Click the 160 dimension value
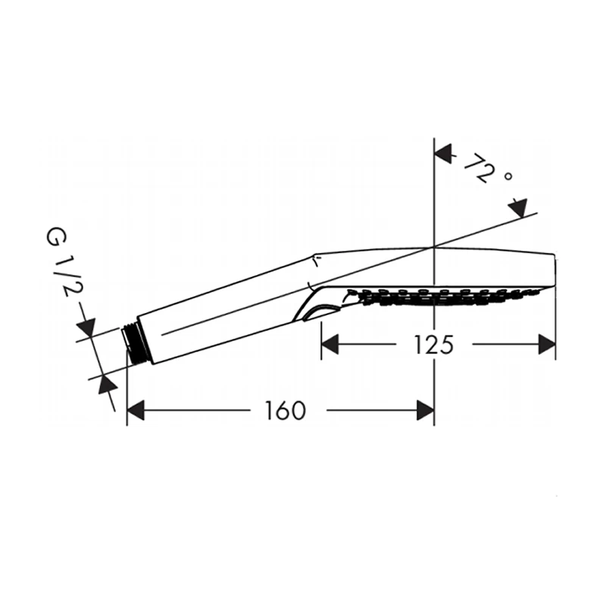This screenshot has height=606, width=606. pos(285,411)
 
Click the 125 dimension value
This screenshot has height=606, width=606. pos(433,345)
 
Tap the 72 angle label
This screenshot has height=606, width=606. pos(479,167)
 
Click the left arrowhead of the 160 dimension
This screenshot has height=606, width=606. pos(136,410)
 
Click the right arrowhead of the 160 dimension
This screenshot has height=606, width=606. pos(426,410)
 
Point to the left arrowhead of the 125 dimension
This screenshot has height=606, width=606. pos(330,345)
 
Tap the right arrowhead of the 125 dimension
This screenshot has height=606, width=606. pos(547,345)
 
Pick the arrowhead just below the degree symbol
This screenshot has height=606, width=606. pos(518,208)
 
